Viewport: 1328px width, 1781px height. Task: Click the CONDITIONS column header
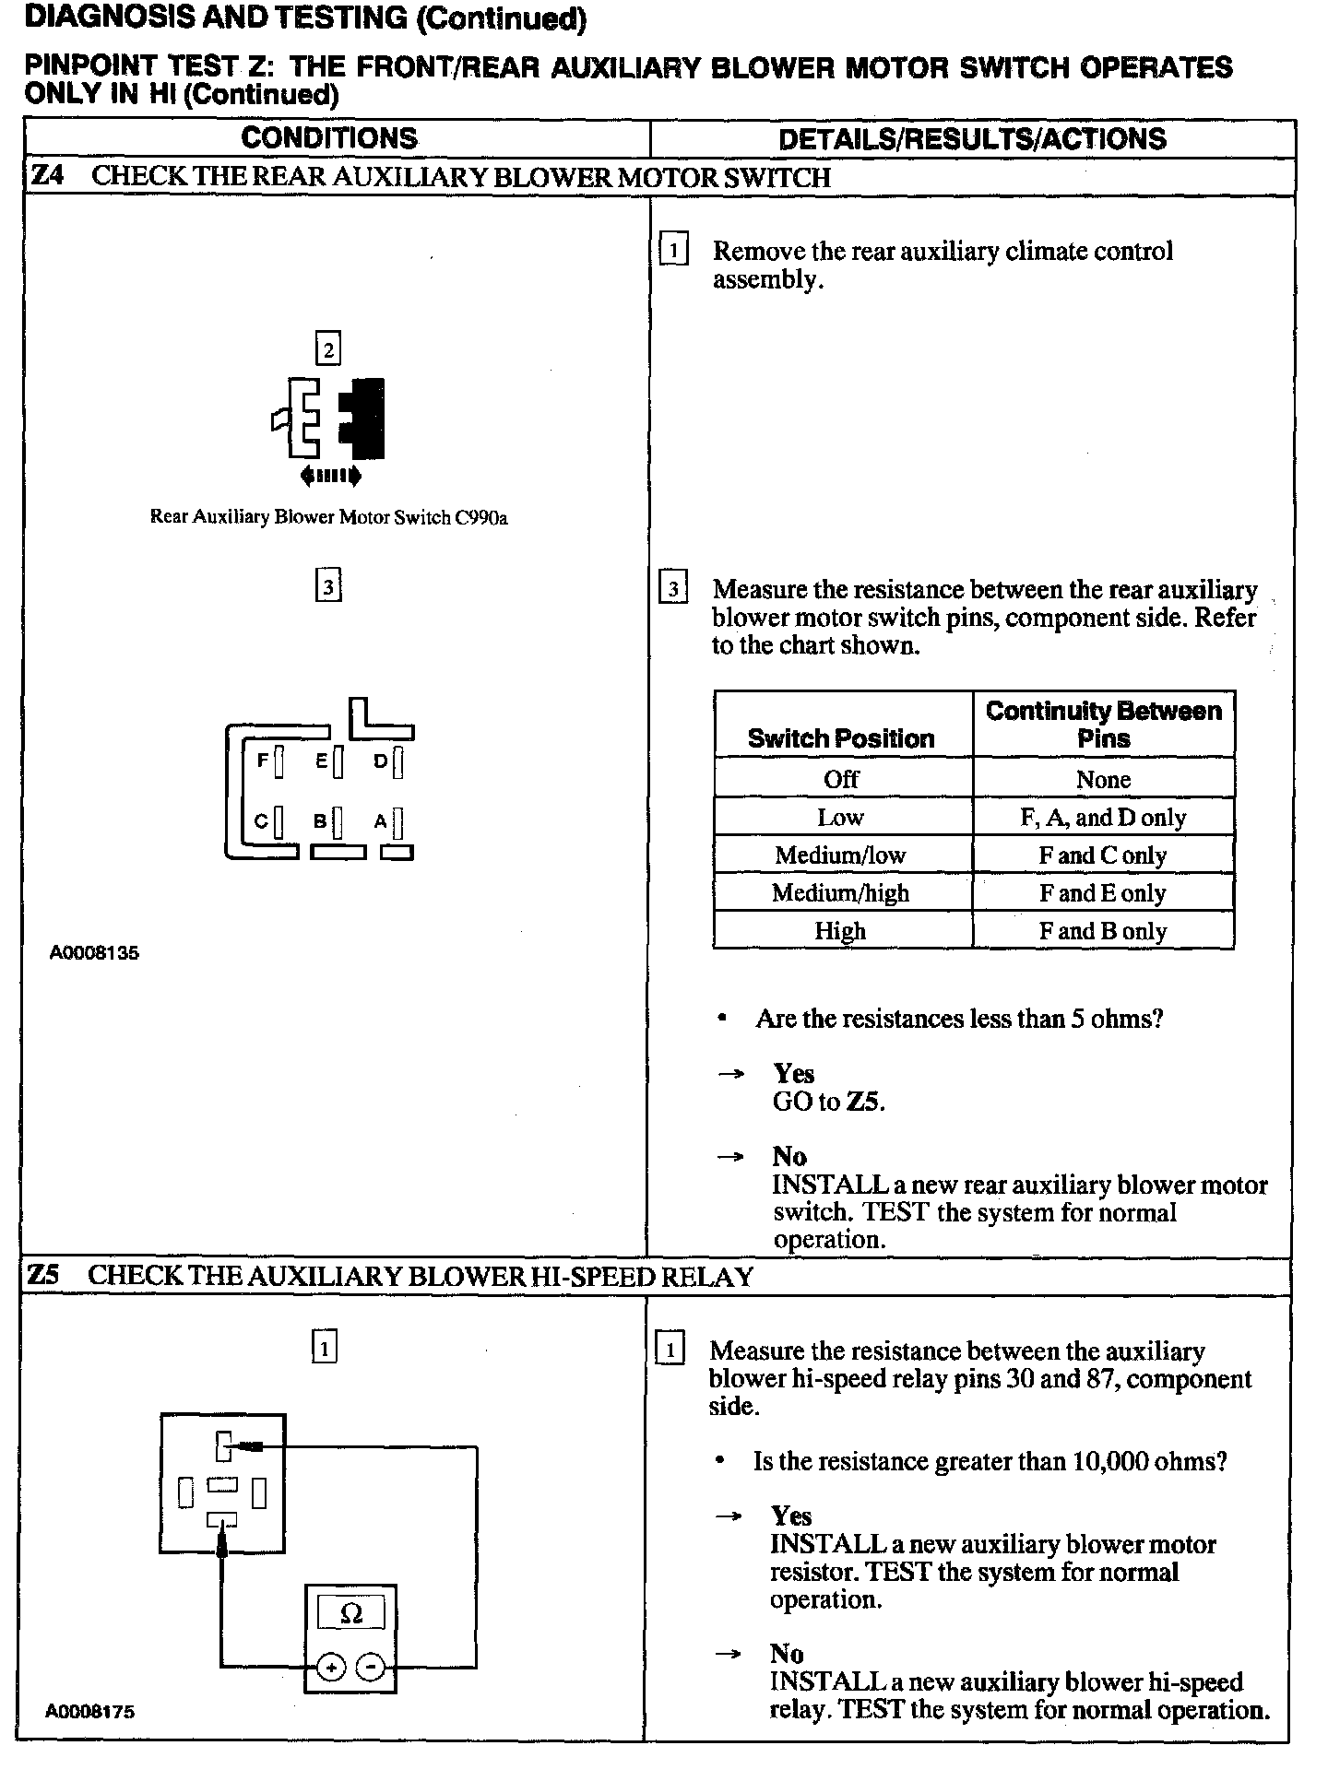329,138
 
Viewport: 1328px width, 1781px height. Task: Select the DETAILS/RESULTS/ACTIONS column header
972,139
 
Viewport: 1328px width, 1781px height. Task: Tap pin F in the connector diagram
279,761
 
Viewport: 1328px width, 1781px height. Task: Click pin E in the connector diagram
338,761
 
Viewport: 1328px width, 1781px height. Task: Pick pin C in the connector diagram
279,820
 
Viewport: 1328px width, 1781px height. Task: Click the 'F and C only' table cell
1103,855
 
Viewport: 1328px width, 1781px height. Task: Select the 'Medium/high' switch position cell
841,893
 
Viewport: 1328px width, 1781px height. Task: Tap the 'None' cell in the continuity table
1103,780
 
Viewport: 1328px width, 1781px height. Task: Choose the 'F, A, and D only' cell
1103,818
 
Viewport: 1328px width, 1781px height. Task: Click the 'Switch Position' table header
841,738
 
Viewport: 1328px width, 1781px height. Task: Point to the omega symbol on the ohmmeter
351,1613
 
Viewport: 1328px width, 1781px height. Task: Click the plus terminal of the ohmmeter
330,1667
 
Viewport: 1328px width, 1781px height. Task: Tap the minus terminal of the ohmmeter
371,1667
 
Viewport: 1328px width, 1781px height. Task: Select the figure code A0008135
94,953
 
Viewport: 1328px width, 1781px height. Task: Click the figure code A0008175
90,1712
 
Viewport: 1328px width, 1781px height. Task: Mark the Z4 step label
46,176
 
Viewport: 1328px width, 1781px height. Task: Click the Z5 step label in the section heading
44,1276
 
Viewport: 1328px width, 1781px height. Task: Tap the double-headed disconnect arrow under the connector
330,477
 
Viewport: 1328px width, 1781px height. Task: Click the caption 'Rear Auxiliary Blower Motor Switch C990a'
329,517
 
